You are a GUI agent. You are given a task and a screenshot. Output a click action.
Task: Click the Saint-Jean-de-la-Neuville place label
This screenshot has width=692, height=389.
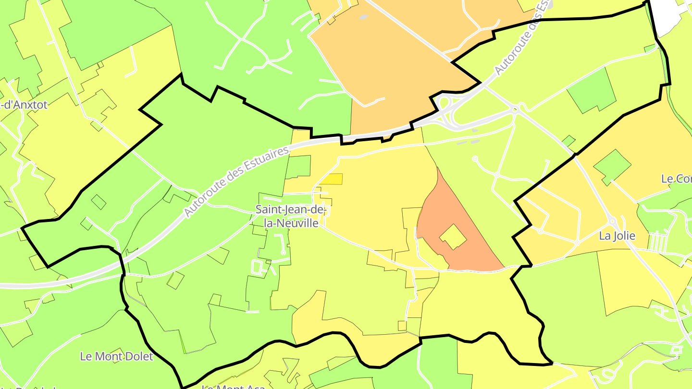coord(291,217)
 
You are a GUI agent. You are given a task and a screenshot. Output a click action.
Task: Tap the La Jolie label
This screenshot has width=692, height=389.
coord(617,236)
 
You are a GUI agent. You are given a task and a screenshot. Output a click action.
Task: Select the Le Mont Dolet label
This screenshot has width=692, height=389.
coord(116,356)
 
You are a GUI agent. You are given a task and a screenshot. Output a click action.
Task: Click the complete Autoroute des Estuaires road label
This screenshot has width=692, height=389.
coord(237,182)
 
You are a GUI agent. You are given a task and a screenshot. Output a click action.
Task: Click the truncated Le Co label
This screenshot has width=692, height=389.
coord(676,179)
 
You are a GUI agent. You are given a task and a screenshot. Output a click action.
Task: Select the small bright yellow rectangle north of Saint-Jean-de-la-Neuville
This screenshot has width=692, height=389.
coord(331,179)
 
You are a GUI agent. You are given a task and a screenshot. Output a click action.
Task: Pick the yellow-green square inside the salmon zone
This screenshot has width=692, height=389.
coord(453,237)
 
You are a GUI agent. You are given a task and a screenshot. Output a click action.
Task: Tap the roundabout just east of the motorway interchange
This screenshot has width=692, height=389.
coord(515,110)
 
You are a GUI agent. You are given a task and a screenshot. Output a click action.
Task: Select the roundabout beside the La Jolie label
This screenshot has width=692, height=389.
coord(612,221)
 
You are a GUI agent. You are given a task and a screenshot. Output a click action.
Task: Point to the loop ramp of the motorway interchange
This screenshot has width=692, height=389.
coord(445,103)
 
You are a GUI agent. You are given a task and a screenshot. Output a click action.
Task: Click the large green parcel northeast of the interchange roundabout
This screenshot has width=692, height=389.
coord(591,90)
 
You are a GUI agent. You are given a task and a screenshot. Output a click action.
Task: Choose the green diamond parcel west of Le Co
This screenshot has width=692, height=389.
coord(612,167)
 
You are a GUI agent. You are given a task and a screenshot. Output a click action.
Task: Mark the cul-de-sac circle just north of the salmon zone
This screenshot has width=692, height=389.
coord(475,158)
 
